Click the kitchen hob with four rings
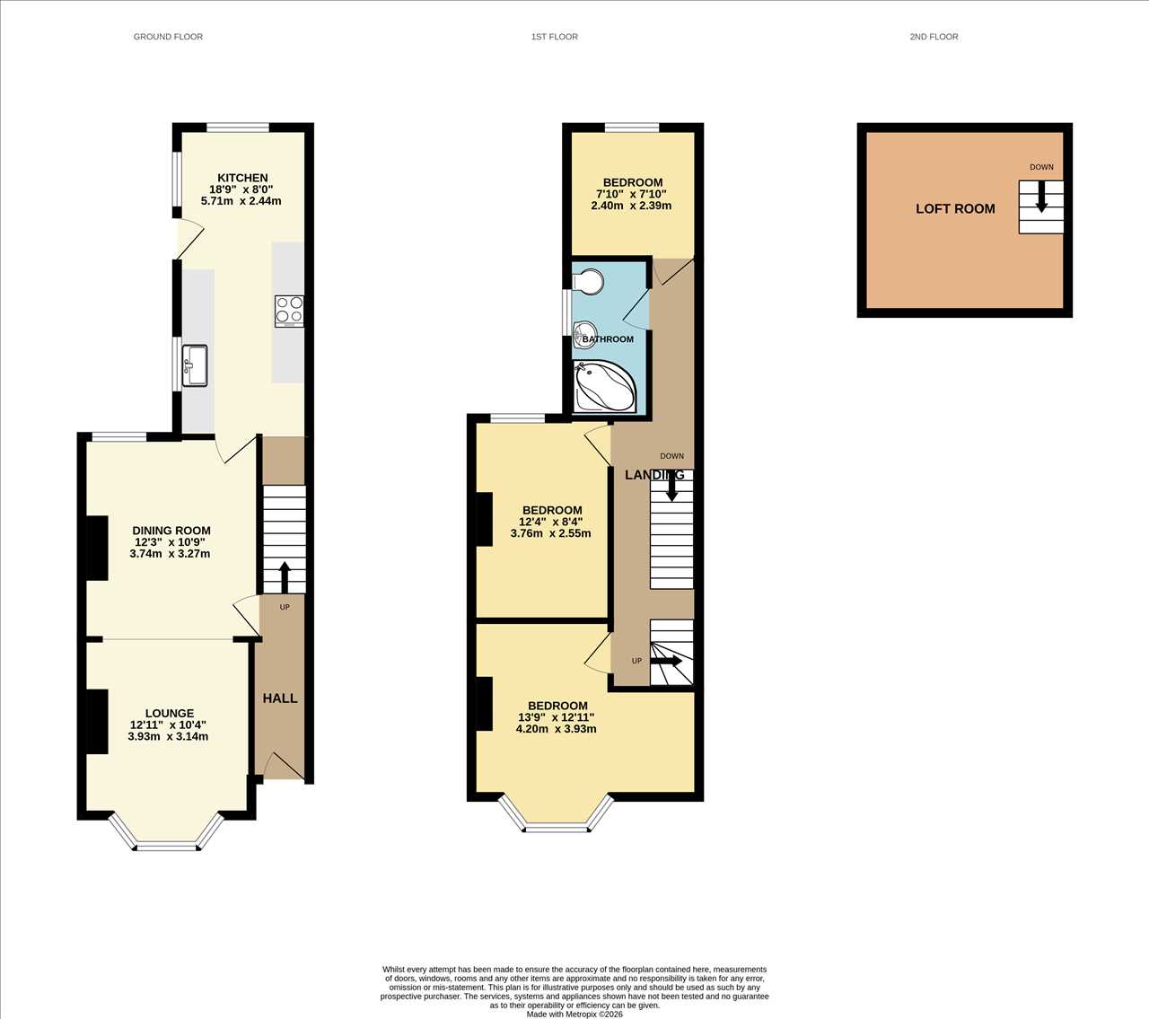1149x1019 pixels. point(289,311)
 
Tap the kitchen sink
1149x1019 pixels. point(195,365)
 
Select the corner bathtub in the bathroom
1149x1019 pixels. point(604,386)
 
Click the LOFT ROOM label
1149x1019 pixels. point(955,209)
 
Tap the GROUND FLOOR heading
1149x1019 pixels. point(168,37)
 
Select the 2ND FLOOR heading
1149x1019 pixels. point(934,37)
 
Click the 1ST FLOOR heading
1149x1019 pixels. point(555,37)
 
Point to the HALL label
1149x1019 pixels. point(280,698)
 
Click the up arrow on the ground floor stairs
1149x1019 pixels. point(285,577)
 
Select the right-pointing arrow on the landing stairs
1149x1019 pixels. point(666,661)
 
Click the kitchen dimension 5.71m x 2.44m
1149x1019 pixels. point(241,201)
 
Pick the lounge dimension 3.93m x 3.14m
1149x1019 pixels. point(168,736)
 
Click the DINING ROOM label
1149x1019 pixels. point(171,531)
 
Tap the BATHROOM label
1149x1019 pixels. point(608,339)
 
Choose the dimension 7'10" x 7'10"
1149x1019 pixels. point(631,194)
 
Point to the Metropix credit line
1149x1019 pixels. point(574,1014)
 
